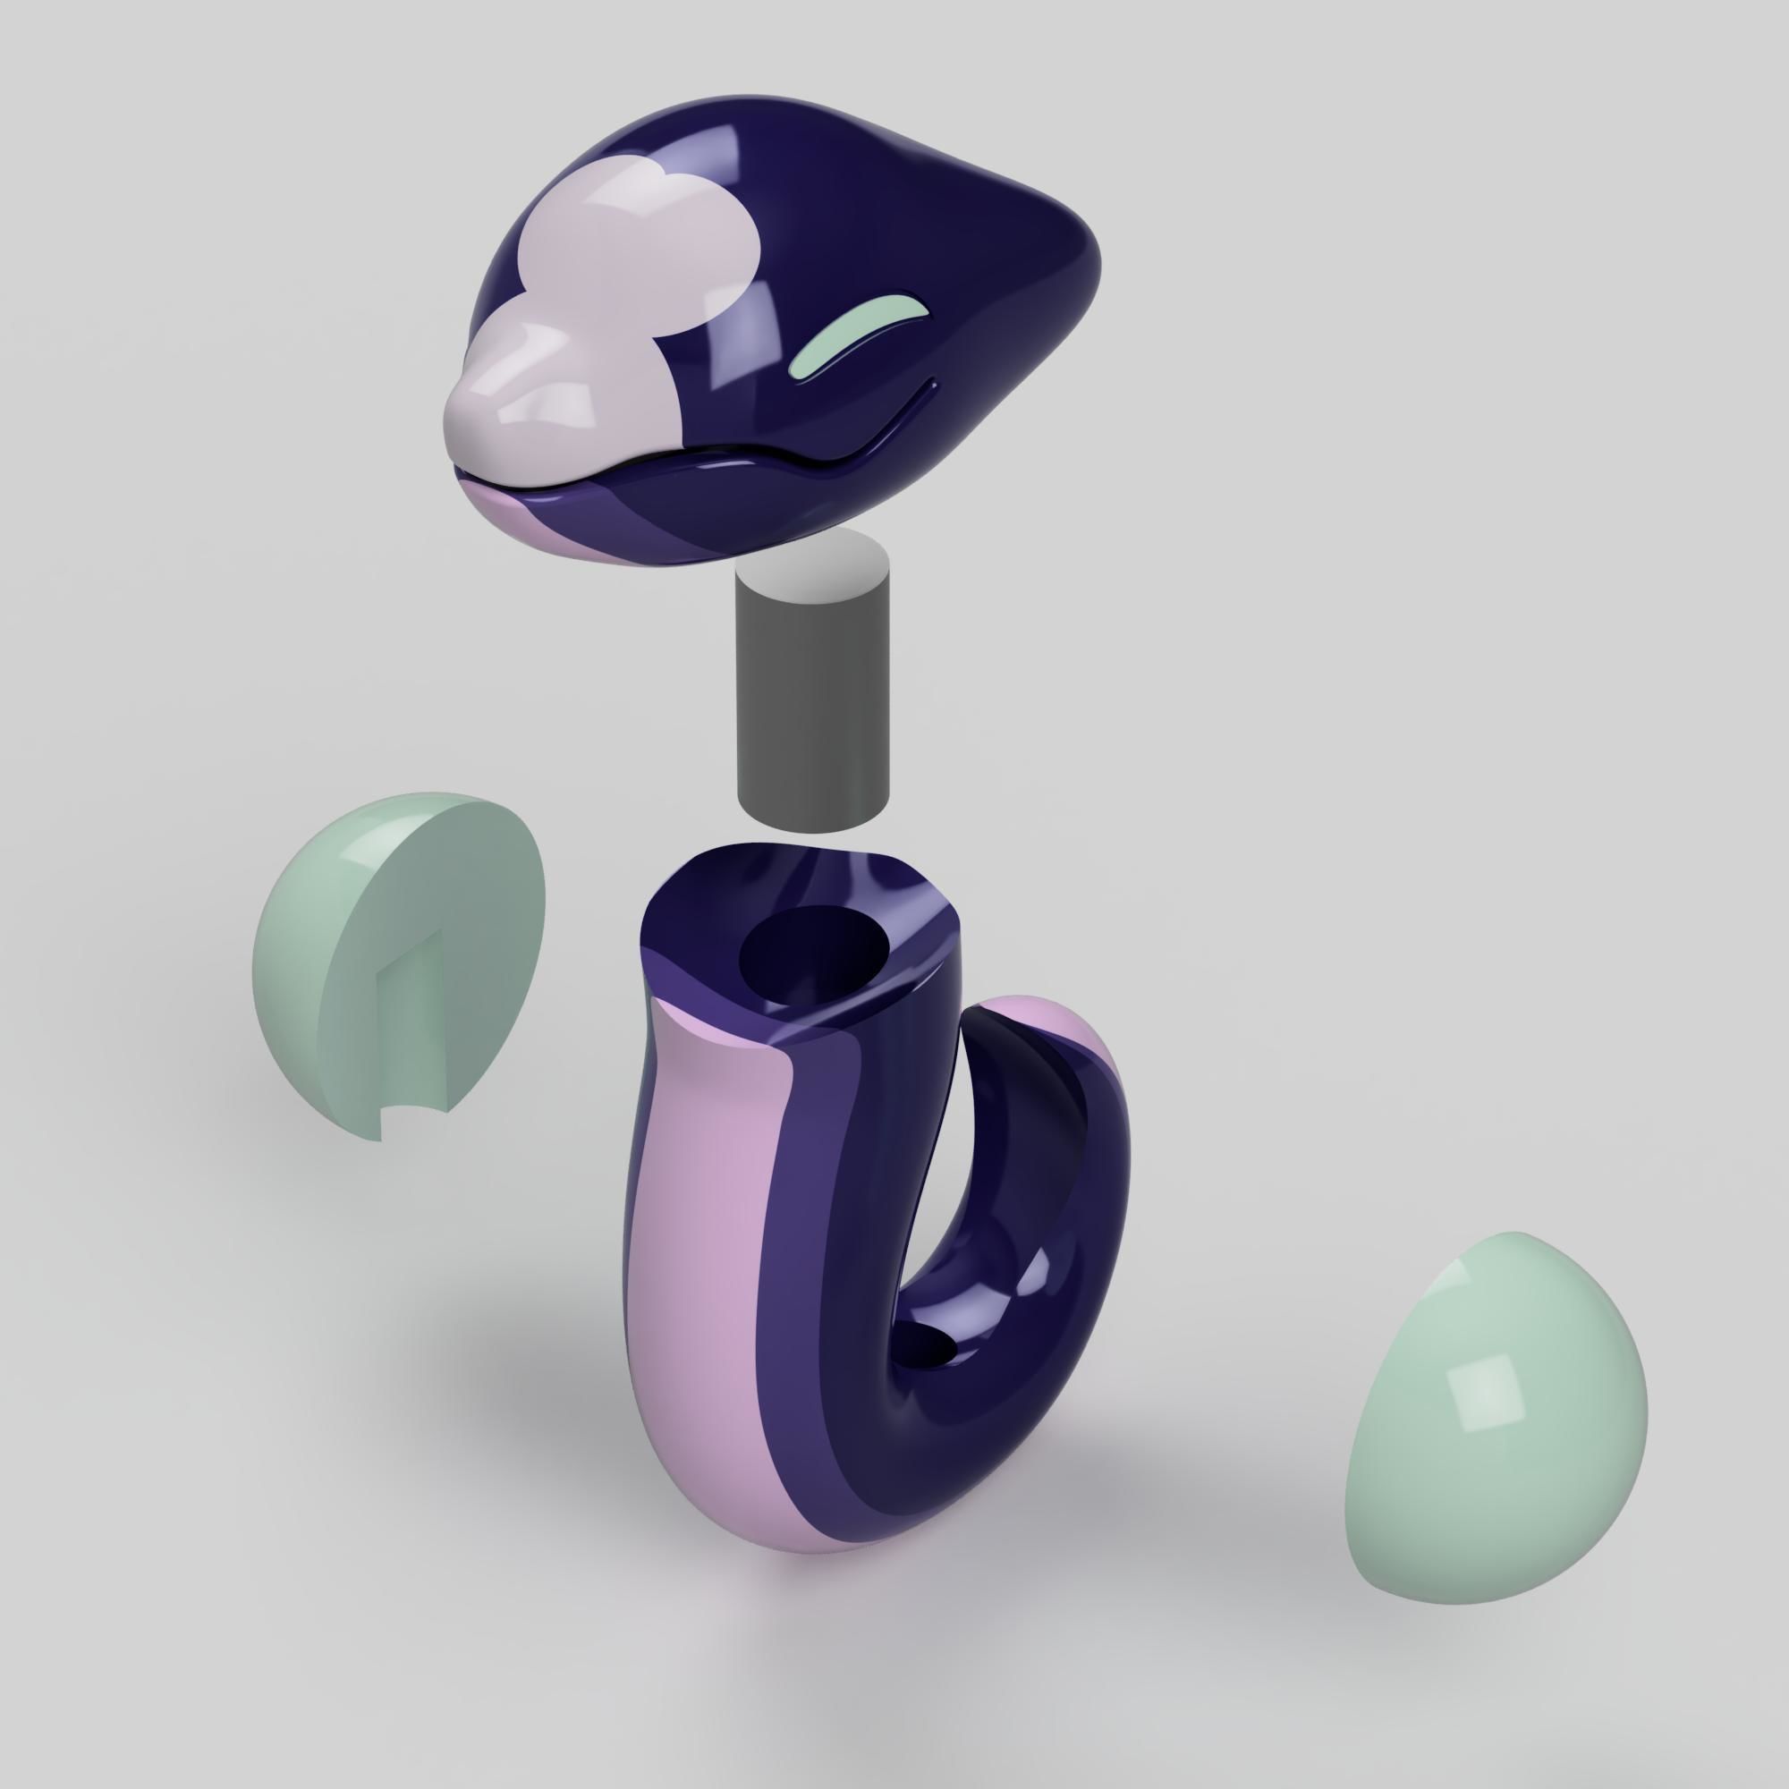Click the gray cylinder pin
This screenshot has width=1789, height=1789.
[813, 704]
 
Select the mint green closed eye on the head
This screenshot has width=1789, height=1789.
[852, 337]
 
